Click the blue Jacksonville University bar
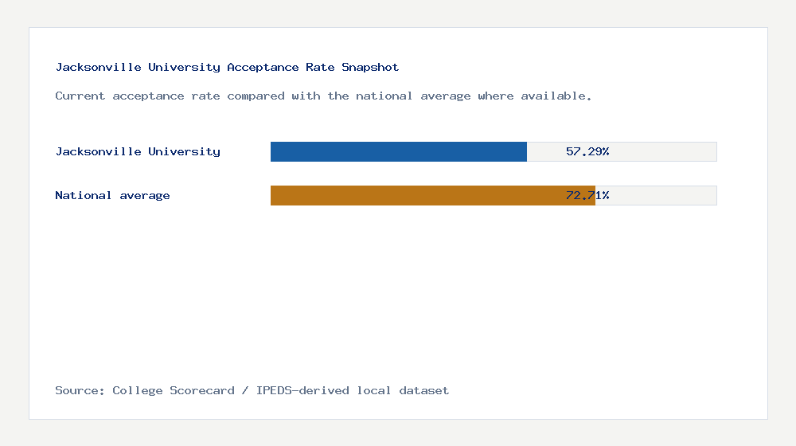pos(398,151)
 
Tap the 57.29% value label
pos(587,151)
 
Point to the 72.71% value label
pos(587,195)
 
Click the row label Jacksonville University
pos(138,151)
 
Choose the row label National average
pos(112,195)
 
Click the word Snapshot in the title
pos(370,68)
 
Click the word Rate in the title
pos(320,68)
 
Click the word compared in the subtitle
pos(256,96)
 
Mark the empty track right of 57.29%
pos(665,151)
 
